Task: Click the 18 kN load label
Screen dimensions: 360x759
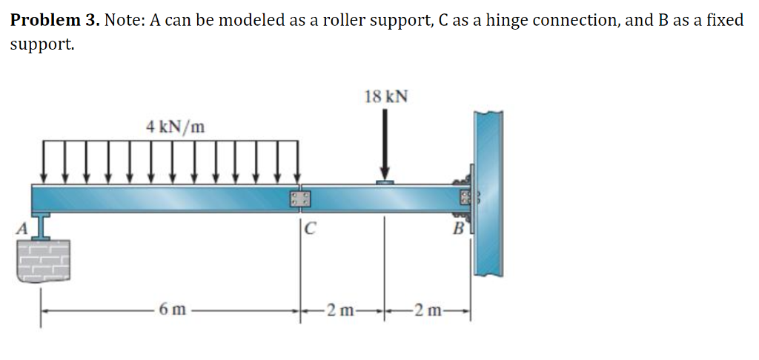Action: (386, 96)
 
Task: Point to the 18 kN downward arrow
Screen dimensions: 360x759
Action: (385, 144)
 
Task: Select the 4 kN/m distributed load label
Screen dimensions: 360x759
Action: (175, 126)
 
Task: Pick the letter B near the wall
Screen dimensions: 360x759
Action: (458, 229)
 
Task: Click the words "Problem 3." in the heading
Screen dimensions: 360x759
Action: (55, 20)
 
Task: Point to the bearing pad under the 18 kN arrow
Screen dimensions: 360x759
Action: (385, 181)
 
